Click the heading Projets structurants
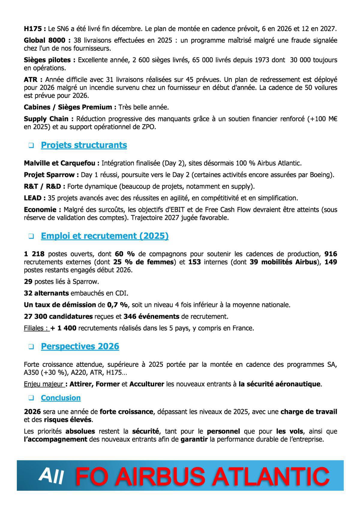pos(84,145)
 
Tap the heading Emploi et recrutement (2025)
pos(104,236)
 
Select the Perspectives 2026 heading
pos(80,346)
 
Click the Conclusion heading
pos(61,398)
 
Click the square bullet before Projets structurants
pos(31,146)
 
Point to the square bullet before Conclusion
pos(31,398)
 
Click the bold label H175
pos(34,29)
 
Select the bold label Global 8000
pos(46,40)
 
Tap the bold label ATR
pos(32,80)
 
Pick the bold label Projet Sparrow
pos(50,175)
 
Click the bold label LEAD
pos(34,198)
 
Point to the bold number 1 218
pos(34,254)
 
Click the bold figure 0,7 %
pos(117,305)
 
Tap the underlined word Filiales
pos(36,328)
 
